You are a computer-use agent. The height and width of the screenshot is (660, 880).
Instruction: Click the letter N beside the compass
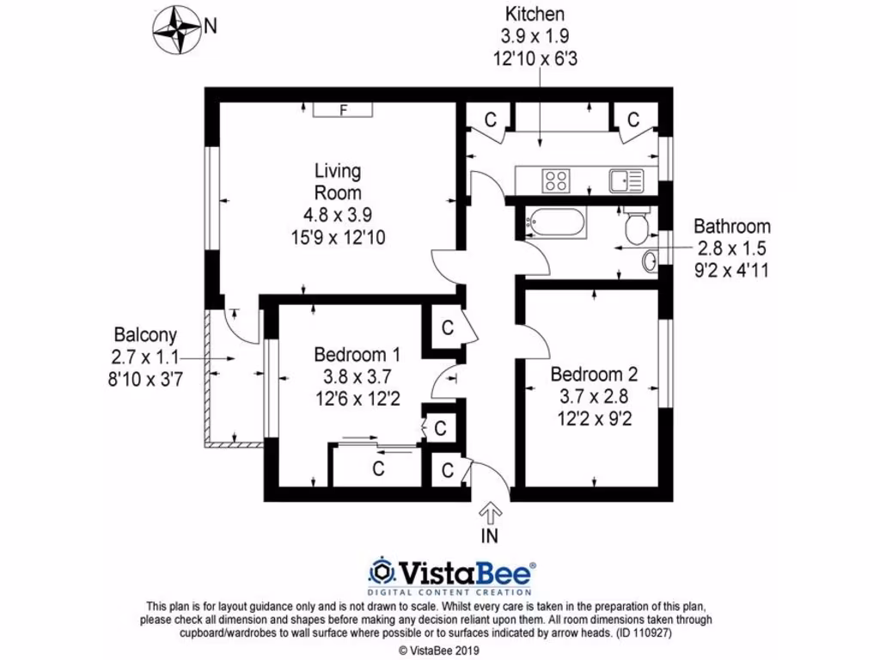211,27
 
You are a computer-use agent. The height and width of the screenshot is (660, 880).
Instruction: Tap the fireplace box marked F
343,110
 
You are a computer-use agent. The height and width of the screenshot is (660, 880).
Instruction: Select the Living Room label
337,181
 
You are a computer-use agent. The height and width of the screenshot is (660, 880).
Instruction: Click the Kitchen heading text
535,14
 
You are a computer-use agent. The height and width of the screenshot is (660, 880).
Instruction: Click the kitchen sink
626,180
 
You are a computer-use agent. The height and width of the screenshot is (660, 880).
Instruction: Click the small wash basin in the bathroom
651,260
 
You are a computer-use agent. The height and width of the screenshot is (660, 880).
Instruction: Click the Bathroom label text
732,227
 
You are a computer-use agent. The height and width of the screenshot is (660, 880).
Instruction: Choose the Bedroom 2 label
594,375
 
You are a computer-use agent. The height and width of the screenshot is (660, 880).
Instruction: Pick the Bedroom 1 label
357,354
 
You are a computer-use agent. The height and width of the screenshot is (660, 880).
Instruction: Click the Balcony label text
145,335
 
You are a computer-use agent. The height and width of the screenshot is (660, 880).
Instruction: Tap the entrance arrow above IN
491,513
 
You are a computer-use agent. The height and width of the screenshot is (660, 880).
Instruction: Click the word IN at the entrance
490,535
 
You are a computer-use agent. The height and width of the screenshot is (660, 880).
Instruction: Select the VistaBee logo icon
382,571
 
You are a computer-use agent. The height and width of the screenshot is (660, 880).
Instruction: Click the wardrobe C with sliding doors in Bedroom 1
377,469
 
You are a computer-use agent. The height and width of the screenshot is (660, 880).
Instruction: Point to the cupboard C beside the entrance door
448,470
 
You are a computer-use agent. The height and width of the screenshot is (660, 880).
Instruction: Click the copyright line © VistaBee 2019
440,649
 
